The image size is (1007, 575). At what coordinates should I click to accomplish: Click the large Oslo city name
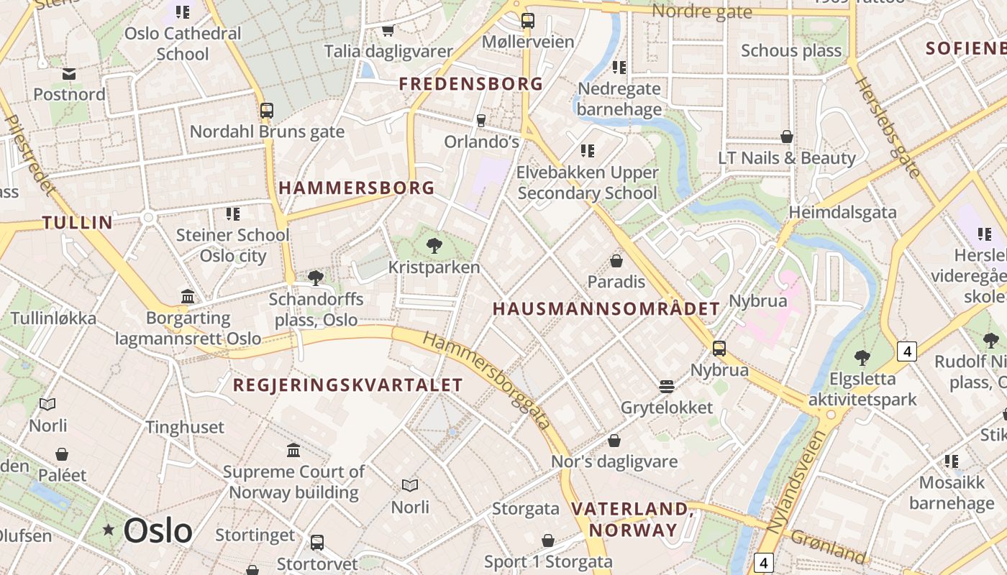pos(158,531)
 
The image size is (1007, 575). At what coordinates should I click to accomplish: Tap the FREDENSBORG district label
pos(471,84)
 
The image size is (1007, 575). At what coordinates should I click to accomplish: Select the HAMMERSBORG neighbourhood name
pos(357,188)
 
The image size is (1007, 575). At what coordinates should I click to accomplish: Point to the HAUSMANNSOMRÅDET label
pos(606,309)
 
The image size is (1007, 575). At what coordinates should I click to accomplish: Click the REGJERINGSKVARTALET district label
pos(347,385)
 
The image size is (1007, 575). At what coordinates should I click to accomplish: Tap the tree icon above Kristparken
pos(434,246)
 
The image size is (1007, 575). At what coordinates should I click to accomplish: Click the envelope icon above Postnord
pos(69,73)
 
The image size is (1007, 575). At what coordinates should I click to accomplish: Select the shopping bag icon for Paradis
pos(616,260)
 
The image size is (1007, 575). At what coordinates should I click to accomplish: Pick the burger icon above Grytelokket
pos(667,387)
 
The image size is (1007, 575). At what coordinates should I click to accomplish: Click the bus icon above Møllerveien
pos(527,20)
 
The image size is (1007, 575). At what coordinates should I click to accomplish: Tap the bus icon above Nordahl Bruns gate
pos(267,111)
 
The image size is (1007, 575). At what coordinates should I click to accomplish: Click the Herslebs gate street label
pos(888,127)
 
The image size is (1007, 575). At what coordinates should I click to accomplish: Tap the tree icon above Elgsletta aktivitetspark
pos(862,357)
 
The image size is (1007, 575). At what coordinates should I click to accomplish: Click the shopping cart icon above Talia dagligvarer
pos(388,30)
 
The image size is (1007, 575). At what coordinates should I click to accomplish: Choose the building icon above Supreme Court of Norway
pos(293,451)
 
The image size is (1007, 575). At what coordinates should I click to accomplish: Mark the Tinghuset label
pos(185,428)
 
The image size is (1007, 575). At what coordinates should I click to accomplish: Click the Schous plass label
pos(791,51)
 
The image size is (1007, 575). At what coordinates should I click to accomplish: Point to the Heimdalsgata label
pos(842,212)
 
